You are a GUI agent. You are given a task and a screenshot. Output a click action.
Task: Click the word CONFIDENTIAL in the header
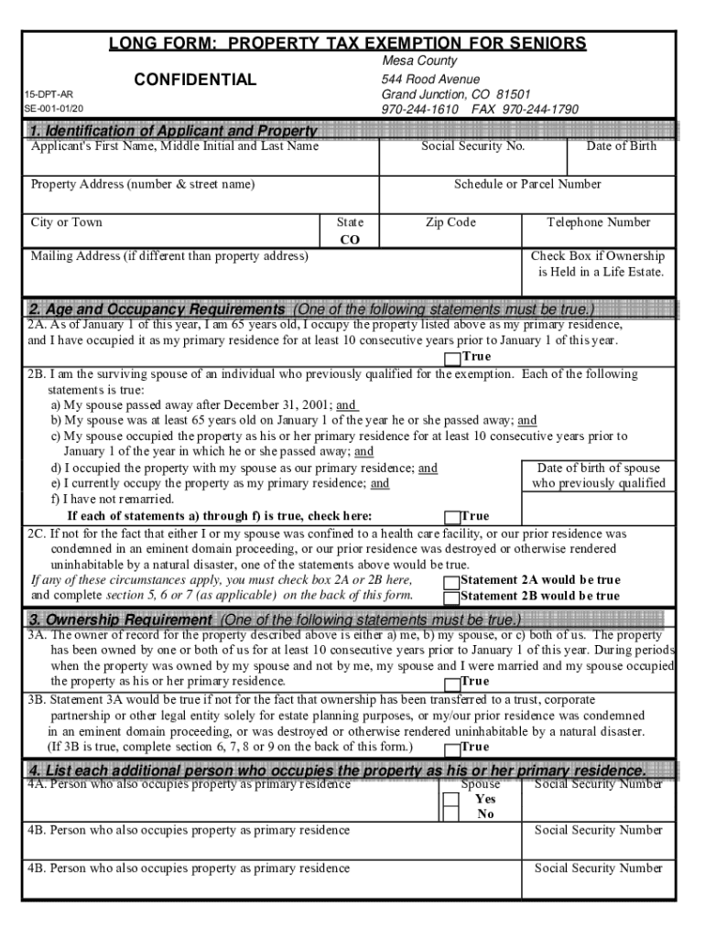(x=195, y=81)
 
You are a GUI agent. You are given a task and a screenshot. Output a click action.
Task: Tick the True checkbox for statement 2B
(x=451, y=516)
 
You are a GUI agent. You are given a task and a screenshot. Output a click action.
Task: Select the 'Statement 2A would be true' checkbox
(x=451, y=581)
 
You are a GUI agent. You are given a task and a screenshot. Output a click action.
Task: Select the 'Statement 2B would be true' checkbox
(x=451, y=597)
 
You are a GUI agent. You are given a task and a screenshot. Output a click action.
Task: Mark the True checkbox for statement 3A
(x=451, y=682)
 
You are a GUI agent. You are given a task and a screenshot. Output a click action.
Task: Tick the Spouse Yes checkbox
(x=450, y=799)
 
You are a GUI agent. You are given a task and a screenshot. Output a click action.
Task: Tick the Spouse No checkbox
(x=450, y=814)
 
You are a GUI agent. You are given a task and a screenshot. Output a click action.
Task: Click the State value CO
(x=350, y=240)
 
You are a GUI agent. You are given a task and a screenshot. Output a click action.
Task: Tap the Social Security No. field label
(x=472, y=146)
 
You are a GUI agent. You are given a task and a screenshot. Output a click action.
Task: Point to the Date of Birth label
(x=622, y=146)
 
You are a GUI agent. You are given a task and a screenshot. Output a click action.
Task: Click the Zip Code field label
(x=450, y=222)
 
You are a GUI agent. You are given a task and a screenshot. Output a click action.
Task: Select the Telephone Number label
(x=598, y=222)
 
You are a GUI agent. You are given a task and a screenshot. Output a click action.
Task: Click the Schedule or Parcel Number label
(x=527, y=184)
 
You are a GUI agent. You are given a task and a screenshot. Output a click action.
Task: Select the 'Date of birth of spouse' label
(x=598, y=468)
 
